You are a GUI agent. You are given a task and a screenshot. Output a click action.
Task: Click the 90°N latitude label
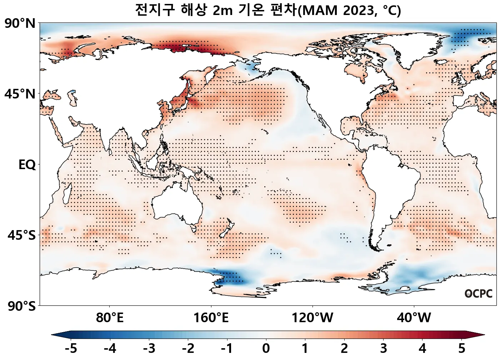click(20, 24)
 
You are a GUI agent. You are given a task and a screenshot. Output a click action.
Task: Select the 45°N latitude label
click(20, 94)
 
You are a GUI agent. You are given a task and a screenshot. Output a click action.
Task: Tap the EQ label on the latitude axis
click(27, 165)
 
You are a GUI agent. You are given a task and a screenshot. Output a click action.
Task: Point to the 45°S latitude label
click(21, 235)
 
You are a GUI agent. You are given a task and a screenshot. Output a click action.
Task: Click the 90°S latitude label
click(21, 306)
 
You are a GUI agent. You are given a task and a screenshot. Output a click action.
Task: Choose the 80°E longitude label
click(110, 317)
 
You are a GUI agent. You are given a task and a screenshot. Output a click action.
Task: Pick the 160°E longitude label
click(211, 317)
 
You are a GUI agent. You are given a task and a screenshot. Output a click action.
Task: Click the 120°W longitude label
click(312, 317)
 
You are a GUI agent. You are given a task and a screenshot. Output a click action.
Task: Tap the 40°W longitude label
click(414, 317)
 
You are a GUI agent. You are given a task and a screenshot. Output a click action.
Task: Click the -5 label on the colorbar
click(71, 348)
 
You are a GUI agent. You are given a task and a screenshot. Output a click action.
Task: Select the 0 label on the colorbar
click(266, 348)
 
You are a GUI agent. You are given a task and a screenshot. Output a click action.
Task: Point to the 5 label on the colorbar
click(462, 348)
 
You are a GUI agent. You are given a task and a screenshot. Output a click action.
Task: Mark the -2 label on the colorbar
click(188, 348)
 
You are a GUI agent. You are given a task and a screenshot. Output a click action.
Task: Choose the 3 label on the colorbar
click(384, 348)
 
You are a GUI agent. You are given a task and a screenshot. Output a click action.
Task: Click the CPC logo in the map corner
click(479, 294)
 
